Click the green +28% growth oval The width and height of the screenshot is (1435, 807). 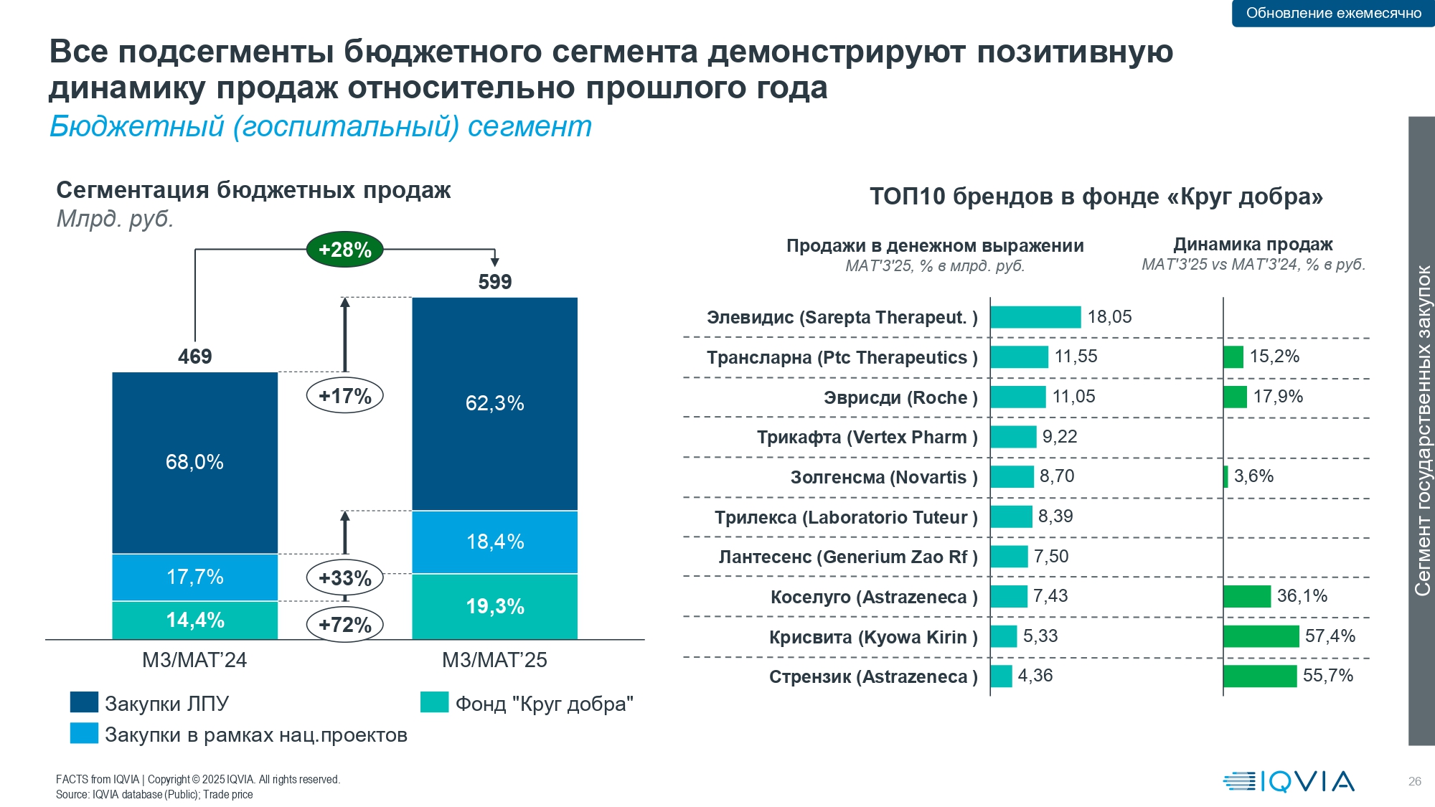[344, 250]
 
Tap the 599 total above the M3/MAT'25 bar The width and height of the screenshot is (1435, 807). [495, 282]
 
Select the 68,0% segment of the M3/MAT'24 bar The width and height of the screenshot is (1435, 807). [194, 462]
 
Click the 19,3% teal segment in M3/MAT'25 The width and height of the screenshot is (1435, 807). [495, 607]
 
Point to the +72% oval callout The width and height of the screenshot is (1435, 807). [345, 625]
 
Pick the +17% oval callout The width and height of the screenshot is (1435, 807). [345, 396]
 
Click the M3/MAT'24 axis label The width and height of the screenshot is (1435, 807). [194, 660]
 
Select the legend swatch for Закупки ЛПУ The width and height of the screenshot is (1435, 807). [84, 702]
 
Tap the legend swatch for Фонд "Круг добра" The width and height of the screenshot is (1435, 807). [434, 702]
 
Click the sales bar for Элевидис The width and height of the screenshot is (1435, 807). [1035, 317]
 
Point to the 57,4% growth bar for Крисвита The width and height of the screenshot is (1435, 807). [1261, 636]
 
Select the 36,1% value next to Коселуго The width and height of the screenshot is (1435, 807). [1302, 596]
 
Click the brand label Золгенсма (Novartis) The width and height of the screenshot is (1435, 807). [884, 477]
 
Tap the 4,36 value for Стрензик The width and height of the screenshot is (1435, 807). [1035, 676]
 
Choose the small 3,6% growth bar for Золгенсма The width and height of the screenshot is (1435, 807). [1225, 476]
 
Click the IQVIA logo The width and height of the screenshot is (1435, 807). [1289, 781]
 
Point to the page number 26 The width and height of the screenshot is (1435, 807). [1415, 781]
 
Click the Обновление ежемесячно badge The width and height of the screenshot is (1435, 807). [1333, 13]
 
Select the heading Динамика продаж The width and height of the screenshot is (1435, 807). [1253, 245]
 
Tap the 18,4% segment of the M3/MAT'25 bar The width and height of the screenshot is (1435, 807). [495, 542]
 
